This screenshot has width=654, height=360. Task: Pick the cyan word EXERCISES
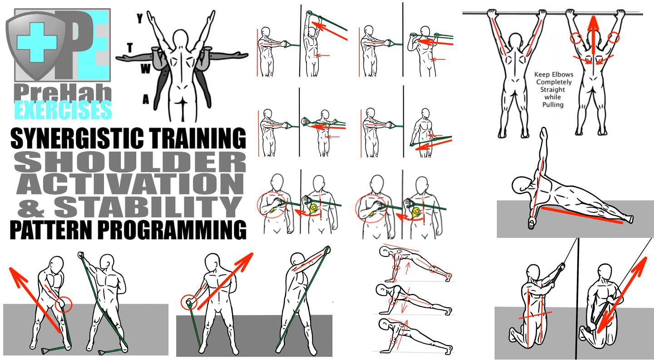pyautogui.click(x=63, y=110)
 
